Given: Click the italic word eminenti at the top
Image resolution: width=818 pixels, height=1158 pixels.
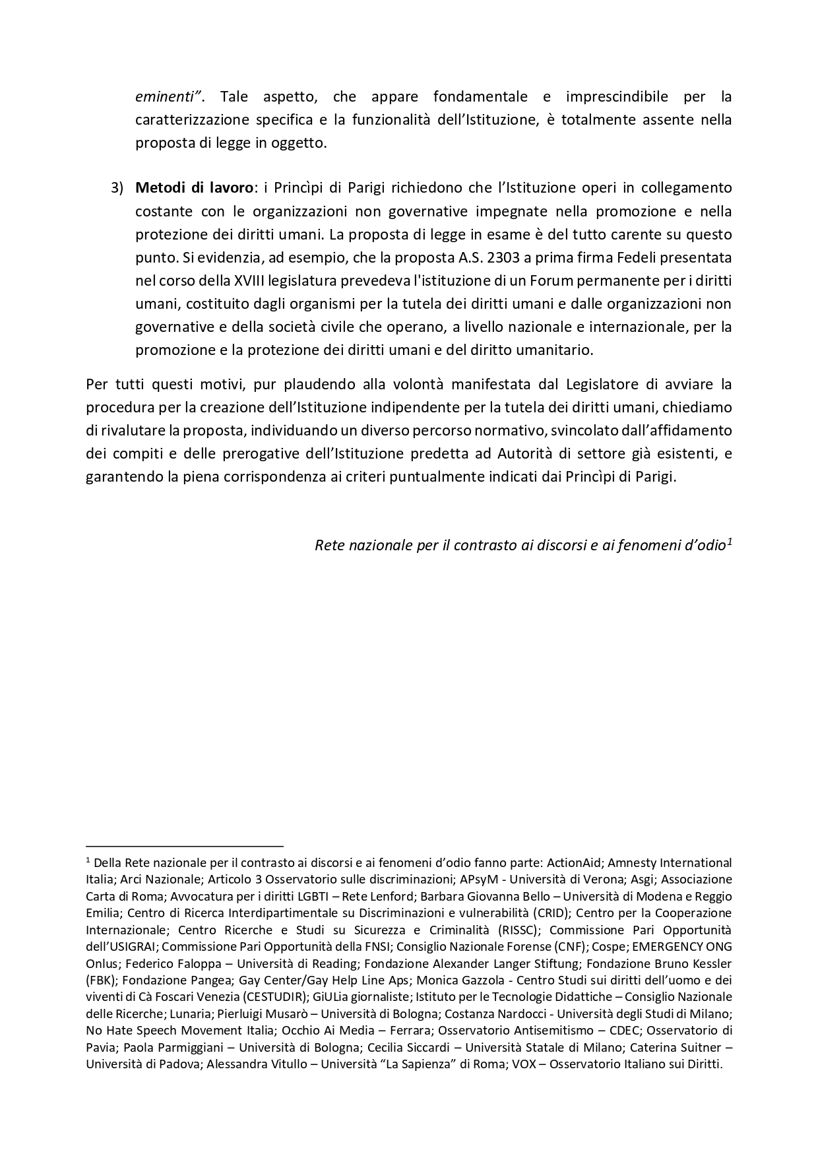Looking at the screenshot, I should tap(167, 97).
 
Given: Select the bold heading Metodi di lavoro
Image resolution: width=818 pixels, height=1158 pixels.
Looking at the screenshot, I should tap(194, 188).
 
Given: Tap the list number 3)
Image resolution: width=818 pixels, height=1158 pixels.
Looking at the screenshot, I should tap(117, 188).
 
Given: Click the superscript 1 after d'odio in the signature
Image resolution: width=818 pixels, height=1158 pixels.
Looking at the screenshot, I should tap(729, 542).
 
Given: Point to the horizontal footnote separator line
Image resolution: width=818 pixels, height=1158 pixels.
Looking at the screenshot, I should tap(184, 845).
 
